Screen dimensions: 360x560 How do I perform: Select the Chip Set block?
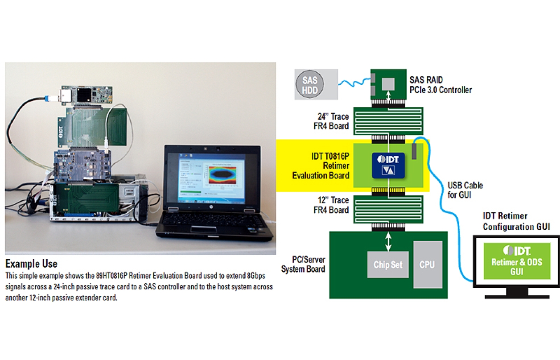(387, 265)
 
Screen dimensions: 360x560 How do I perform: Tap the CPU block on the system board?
(427, 265)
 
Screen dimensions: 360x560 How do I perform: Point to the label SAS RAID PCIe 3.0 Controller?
(441, 85)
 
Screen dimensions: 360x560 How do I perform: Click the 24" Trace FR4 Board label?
(331, 121)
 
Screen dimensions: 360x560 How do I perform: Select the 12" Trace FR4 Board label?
(331, 205)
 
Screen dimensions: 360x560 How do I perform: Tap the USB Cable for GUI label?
(465, 190)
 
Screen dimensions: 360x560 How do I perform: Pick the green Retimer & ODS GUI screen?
(517, 261)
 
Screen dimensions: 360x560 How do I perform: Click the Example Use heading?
(31, 264)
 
